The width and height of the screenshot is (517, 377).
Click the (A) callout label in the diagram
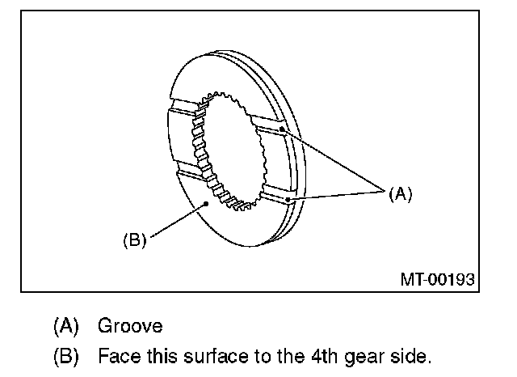click(x=400, y=193)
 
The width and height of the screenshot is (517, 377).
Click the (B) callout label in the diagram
click(x=134, y=241)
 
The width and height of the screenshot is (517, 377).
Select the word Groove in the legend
click(x=130, y=326)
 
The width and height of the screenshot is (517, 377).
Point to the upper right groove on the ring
click(x=270, y=125)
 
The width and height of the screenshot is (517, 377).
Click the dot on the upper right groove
click(x=281, y=129)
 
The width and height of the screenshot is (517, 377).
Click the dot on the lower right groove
click(x=287, y=197)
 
